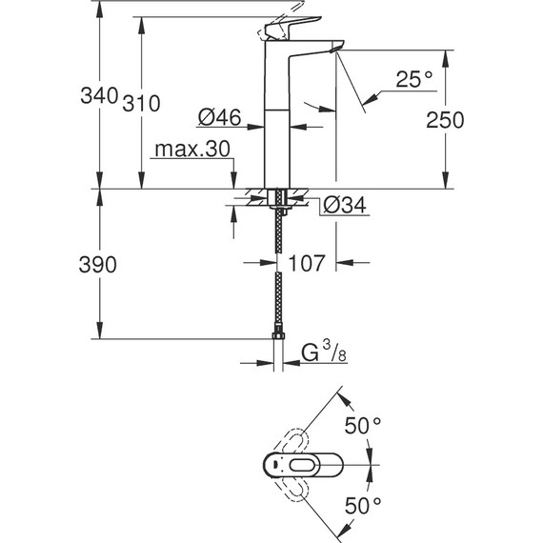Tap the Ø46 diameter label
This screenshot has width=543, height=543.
pyautogui.click(x=218, y=118)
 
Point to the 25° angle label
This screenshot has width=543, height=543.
pyautogui.click(x=414, y=82)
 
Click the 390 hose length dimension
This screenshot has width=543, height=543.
pyautogui.click(x=97, y=266)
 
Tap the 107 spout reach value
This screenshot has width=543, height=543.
pyautogui.click(x=307, y=262)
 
